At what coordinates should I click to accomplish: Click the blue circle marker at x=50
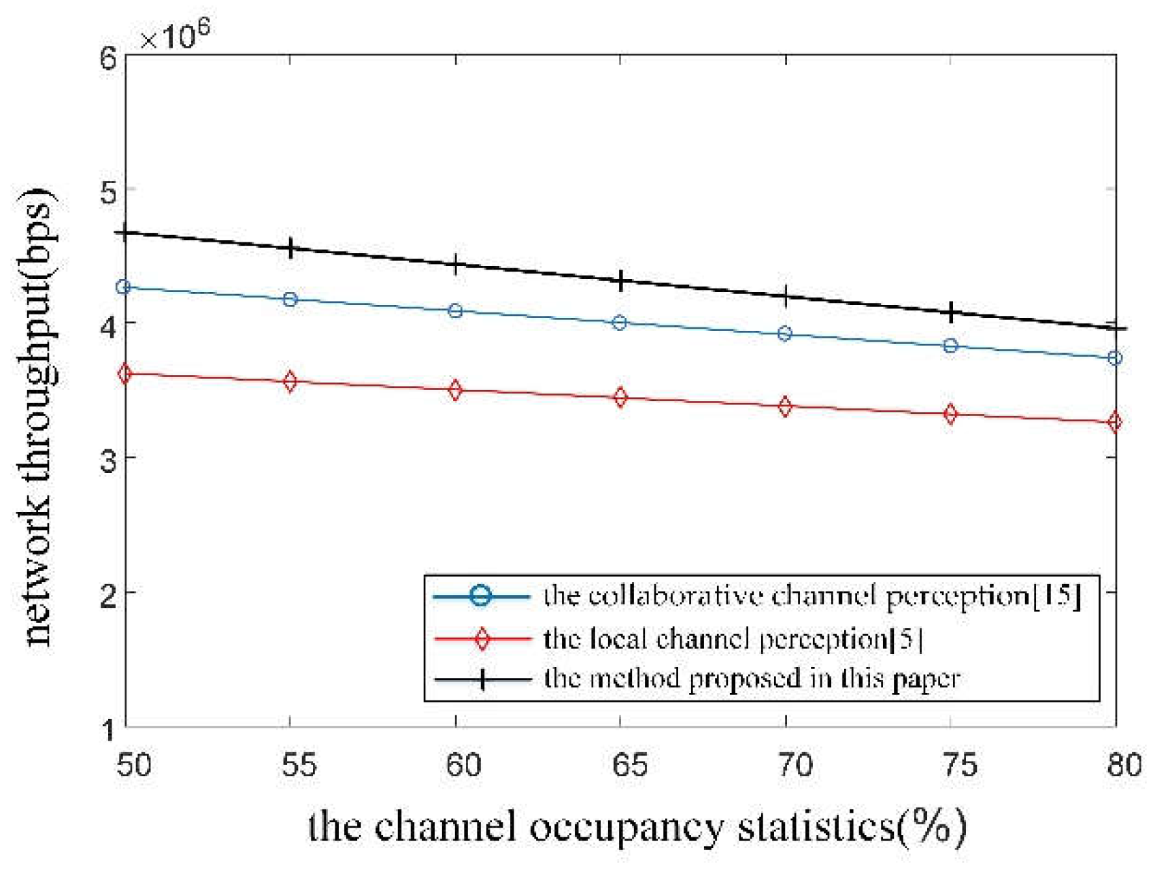pyautogui.click(x=123, y=287)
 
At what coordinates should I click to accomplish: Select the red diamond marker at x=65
pyautogui.click(x=620, y=398)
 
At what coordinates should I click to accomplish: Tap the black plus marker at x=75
pyautogui.click(x=952, y=312)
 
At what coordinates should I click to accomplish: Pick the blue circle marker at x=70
pyautogui.click(x=785, y=334)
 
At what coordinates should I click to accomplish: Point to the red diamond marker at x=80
pyautogui.click(x=1114, y=422)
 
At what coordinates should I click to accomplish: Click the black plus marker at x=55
pyautogui.click(x=290, y=248)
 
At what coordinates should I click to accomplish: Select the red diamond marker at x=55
pyautogui.click(x=290, y=381)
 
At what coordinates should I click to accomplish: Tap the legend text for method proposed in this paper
pyautogui.click(x=752, y=679)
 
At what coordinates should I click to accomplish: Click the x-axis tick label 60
pyautogui.click(x=465, y=765)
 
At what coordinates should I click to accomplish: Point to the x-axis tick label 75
pyautogui.click(x=960, y=765)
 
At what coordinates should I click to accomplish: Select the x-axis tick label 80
pyautogui.click(x=1123, y=765)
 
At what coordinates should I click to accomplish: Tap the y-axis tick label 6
pyautogui.click(x=108, y=59)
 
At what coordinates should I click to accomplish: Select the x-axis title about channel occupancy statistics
pyautogui.click(x=637, y=828)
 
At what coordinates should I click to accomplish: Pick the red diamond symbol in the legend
pyautogui.click(x=482, y=639)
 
